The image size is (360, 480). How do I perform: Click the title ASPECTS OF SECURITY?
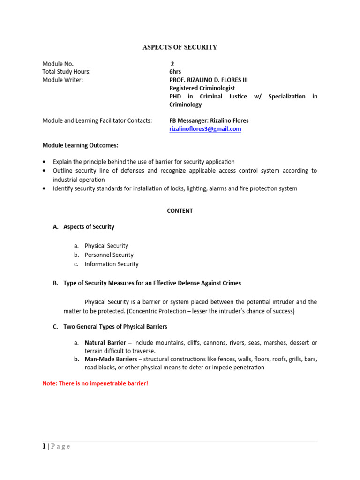[180, 47]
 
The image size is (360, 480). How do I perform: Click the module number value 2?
[172, 64]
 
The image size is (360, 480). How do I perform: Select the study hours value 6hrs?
[175, 72]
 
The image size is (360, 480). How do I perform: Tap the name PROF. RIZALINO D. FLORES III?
[208, 80]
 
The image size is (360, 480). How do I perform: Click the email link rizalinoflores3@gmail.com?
[205, 129]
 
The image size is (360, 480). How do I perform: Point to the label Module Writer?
[62, 80]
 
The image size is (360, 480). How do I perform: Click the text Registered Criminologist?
[202, 88]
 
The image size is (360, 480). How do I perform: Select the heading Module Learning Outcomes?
[80, 145]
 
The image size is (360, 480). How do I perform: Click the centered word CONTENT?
[180, 211]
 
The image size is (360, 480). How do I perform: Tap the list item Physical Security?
[106, 246]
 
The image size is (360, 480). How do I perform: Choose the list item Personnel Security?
[109, 255]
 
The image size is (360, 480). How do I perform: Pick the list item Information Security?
[112, 264]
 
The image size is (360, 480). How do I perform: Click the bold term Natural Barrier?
[105, 343]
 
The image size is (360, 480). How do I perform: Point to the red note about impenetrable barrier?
[95, 383]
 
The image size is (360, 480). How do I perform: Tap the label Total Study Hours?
[66, 72]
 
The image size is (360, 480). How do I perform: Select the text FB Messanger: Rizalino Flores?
[209, 120]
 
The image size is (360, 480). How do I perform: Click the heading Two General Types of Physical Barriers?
[115, 327]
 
